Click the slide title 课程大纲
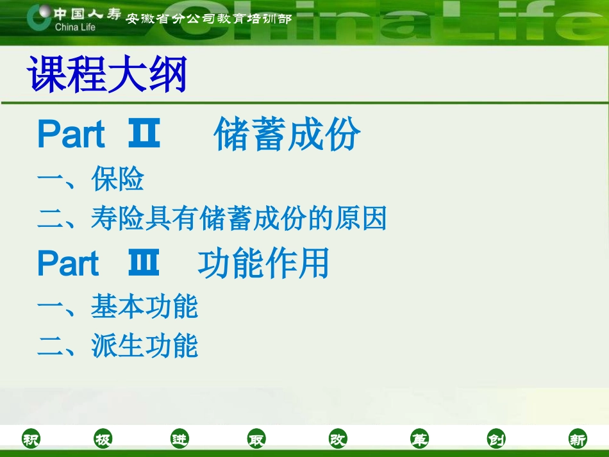[x=107, y=74]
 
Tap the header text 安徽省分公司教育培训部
[x=209, y=19]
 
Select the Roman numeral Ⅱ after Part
[x=144, y=135]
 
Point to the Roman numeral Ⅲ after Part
[x=144, y=264]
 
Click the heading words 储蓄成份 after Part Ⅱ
[x=287, y=135]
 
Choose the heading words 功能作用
[x=263, y=264]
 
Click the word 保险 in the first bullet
[x=117, y=179]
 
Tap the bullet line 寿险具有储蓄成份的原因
[x=238, y=219]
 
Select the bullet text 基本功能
[x=144, y=306]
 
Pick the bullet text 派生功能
[x=144, y=345]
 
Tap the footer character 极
[x=103, y=440]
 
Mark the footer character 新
[x=578, y=440]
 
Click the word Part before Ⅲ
[x=68, y=264]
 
